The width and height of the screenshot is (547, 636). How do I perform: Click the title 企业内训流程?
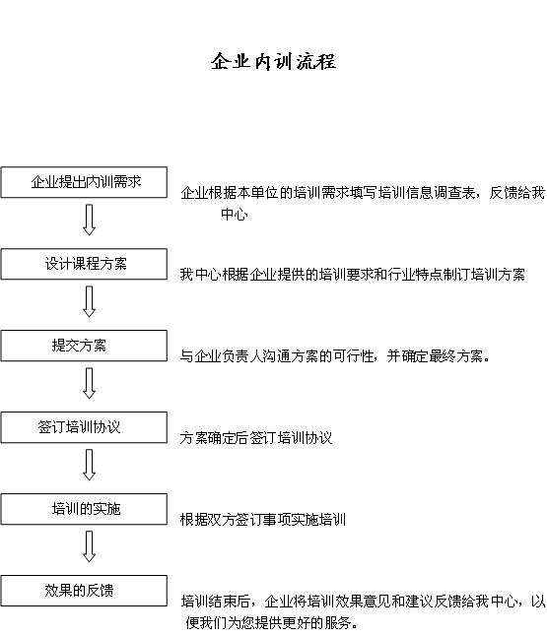273,62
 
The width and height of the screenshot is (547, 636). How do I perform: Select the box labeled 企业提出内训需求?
84,182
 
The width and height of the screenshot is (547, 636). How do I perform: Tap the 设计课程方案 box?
84,264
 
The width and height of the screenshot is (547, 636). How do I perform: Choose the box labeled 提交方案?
84,346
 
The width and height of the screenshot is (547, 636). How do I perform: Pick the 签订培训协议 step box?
84,427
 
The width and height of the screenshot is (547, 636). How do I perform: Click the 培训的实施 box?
84,509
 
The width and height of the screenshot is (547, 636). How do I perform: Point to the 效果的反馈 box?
84,591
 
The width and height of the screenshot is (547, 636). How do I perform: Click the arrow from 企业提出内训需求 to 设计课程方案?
90,220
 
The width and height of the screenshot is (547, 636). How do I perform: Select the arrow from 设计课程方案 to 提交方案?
90,301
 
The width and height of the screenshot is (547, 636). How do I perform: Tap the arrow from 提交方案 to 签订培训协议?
90,383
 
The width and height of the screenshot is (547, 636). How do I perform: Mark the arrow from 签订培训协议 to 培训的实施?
90,465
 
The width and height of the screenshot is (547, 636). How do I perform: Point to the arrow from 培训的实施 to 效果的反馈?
90,546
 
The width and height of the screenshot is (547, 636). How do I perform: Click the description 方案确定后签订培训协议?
256,438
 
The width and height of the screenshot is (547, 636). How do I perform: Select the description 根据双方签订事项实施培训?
263,520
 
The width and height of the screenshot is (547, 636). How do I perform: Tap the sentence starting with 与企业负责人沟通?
335,356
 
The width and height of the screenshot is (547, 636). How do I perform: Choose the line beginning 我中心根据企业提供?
352,275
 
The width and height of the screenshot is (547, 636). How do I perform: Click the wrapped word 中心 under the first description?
235,214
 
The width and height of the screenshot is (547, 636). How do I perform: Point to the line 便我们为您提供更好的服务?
271,622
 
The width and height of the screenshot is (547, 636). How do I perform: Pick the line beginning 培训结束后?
363,602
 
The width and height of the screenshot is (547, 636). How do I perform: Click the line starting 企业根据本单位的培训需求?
363,193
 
